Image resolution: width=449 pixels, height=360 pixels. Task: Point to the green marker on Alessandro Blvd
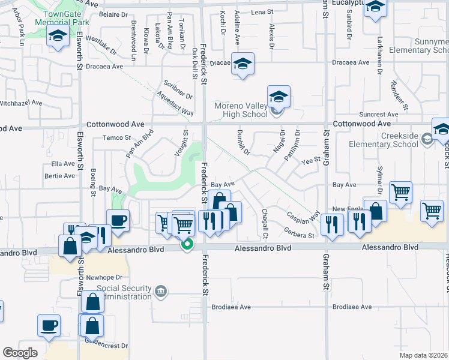coord(188,244)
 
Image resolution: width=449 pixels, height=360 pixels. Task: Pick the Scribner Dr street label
coord(178,91)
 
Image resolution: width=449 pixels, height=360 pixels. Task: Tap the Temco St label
coord(116,137)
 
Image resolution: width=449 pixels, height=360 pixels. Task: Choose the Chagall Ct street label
coord(265,218)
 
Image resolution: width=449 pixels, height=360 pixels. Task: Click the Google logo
coord(20,352)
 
